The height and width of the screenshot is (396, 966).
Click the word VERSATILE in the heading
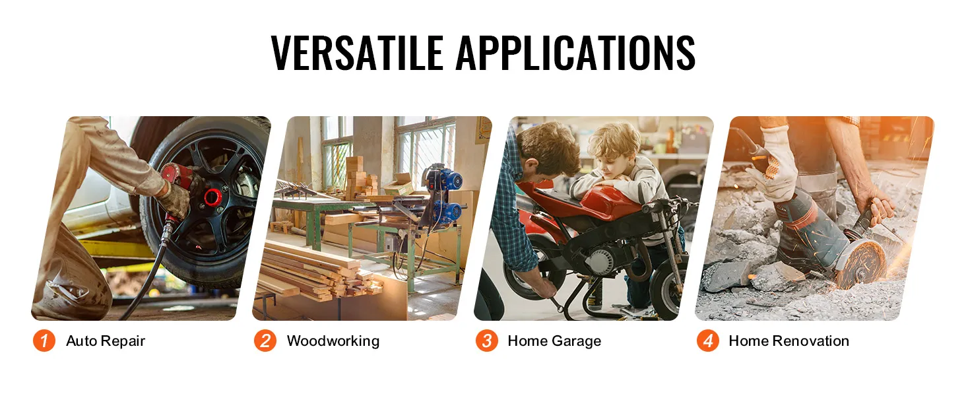tap(358, 52)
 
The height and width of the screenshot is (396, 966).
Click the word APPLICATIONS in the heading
tap(575, 52)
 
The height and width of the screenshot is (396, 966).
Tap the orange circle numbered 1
tap(44, 341)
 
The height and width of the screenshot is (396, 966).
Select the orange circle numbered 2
tap(265, 341)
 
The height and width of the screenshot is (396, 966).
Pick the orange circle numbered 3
tap(487, 341)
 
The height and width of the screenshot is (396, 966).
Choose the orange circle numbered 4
tap(708, 341)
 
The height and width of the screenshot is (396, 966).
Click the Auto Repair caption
tap(106, 341)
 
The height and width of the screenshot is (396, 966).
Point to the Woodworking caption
tap(333, 341)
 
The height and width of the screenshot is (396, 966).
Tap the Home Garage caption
tap(554, 341)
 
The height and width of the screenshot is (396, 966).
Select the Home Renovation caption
tap(789, 341)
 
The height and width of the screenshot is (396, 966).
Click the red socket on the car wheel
tap(212, 197)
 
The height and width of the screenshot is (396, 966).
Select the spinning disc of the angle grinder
tap(860, 264)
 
